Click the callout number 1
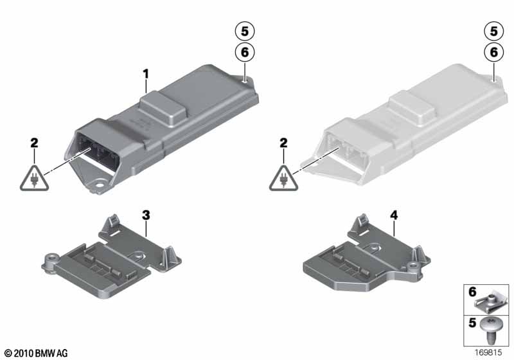coord(146,74)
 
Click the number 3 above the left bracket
coord(146,215)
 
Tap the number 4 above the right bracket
coord(394,215)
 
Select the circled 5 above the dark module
coord(245,31)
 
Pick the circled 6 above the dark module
coord(245,52)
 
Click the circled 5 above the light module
coord(493,31)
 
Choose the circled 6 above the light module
coord(493,52)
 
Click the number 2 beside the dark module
coord(34,143)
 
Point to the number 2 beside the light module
coord(283,143)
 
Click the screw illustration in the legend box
coord(489,329)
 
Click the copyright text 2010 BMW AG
coord(37,354)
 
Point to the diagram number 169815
coord(488,352)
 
